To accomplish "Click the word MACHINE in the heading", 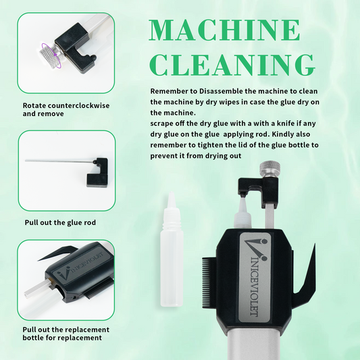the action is [224, 30].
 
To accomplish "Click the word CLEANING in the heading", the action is [233, 65].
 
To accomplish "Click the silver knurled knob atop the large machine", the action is [269, 169].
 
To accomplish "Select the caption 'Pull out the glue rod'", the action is [60, 222].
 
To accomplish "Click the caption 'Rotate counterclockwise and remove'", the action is [66, 109].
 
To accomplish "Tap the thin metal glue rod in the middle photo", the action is [60, 161].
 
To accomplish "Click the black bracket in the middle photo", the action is [99, 173].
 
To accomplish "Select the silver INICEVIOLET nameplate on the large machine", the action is [254, 278].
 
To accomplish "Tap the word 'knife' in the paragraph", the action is [286, 124].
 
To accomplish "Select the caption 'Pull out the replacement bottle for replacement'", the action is [66, 334].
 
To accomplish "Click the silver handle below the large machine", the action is [254, 344].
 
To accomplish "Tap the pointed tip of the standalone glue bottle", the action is [172, 193].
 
